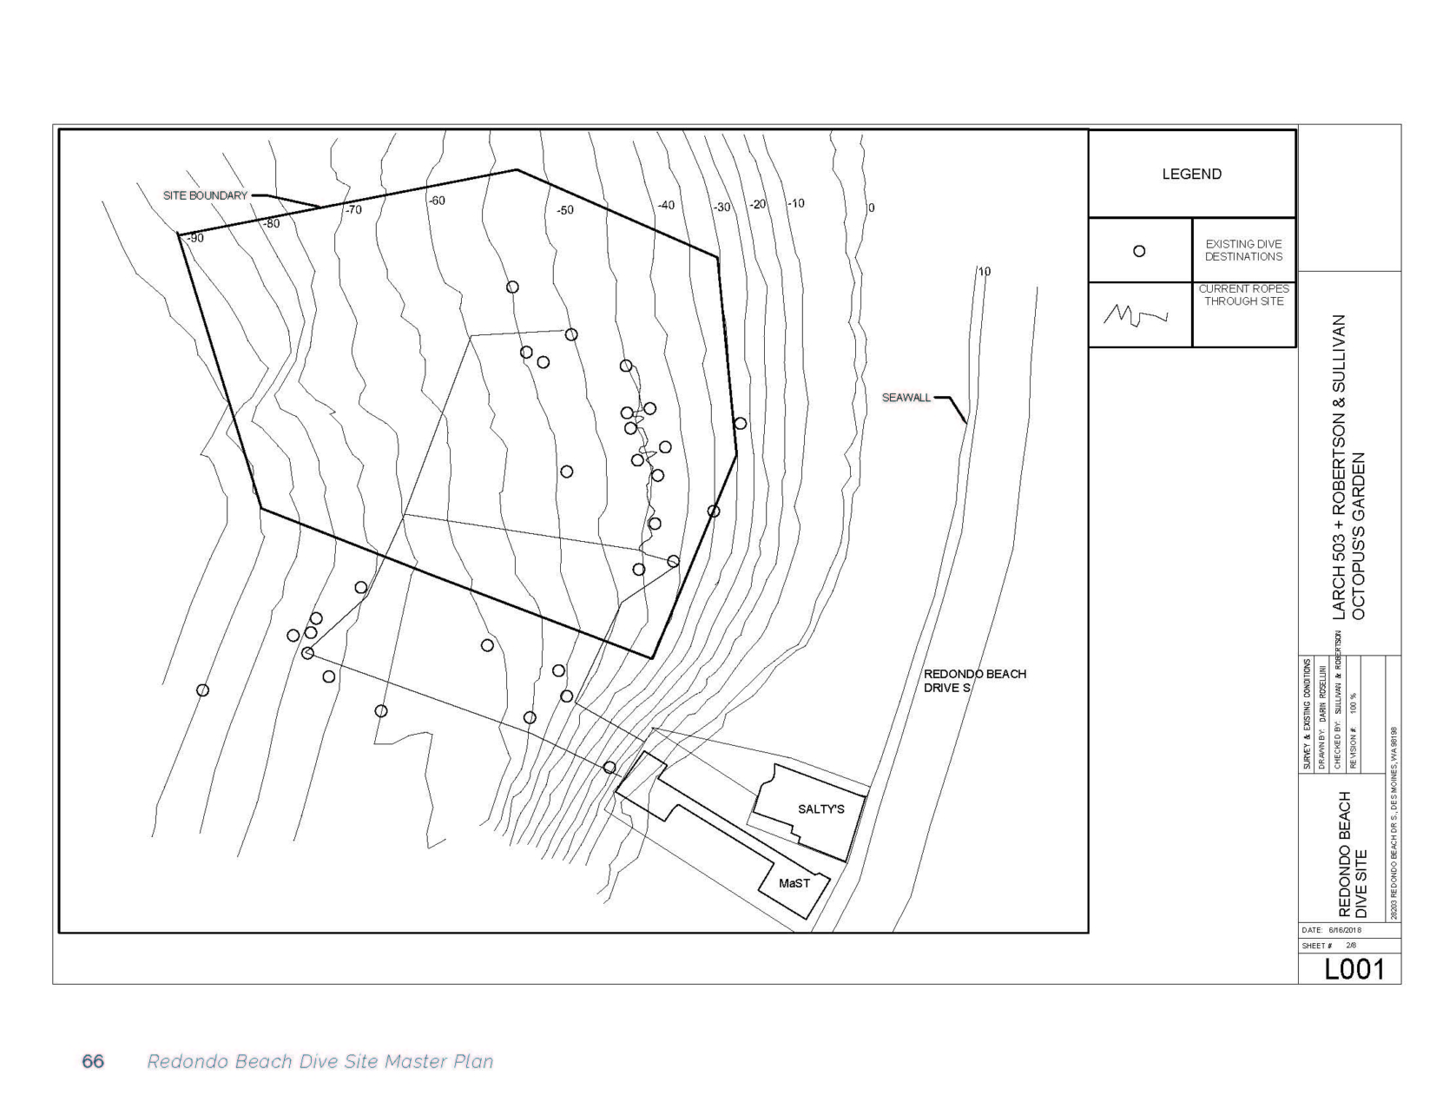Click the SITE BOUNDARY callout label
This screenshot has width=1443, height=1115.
205,195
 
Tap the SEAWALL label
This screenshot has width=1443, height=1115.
906,398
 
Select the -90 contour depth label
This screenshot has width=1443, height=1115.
195,238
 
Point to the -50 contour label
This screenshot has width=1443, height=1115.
564,210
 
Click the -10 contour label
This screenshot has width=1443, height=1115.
795,203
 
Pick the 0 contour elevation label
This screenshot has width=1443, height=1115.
872,208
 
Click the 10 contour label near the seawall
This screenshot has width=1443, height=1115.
984,271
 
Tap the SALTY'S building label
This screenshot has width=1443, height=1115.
820,809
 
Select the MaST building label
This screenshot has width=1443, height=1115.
794,883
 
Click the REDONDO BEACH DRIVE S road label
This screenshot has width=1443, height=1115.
974,681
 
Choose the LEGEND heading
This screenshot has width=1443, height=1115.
1191,174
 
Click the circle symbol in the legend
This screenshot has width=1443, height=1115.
1139,251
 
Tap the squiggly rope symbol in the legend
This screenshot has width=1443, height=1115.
1135,315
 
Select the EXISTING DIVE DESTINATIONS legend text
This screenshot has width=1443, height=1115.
1243,250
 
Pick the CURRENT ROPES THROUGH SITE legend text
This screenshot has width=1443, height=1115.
1243,294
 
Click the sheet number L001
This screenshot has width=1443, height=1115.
1354,969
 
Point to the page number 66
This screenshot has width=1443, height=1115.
93,1061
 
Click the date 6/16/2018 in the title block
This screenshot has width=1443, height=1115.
1346,929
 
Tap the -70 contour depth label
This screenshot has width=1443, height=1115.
353,210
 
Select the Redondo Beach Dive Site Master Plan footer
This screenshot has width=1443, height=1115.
320,1061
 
